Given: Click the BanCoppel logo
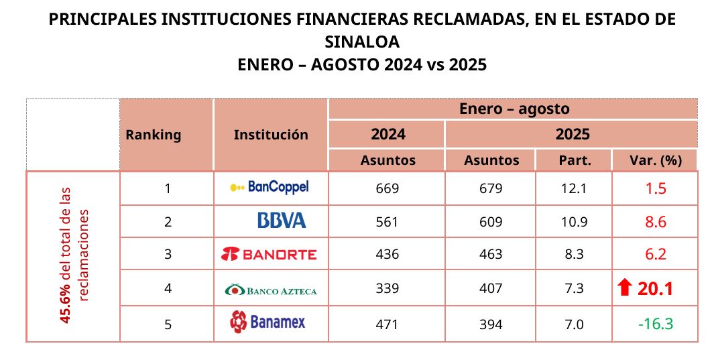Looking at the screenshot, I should click(269, 188).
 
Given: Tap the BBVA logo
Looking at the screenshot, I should click(282, 221).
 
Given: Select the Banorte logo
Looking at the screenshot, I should click(269, 254).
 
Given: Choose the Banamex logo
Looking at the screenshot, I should click(268, 322).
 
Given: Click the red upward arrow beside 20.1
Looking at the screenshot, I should click(625, 289).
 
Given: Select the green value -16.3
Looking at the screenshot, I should click(655, 324).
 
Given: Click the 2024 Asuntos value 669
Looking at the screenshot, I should click(388, 188).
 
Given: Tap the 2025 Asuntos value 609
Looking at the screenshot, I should click(491, 222).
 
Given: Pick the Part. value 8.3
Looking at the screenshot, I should click(574, 255).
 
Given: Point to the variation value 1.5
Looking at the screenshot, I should click(655, 188).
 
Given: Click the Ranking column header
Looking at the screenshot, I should click(153, 135).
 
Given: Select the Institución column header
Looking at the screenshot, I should click(271, 135).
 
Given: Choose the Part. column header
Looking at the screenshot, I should click(574, 160).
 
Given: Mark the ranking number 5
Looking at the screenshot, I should click(168, 324).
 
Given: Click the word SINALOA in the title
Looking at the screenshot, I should click(362, 42).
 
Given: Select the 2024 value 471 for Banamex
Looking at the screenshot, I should click(388, 324).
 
